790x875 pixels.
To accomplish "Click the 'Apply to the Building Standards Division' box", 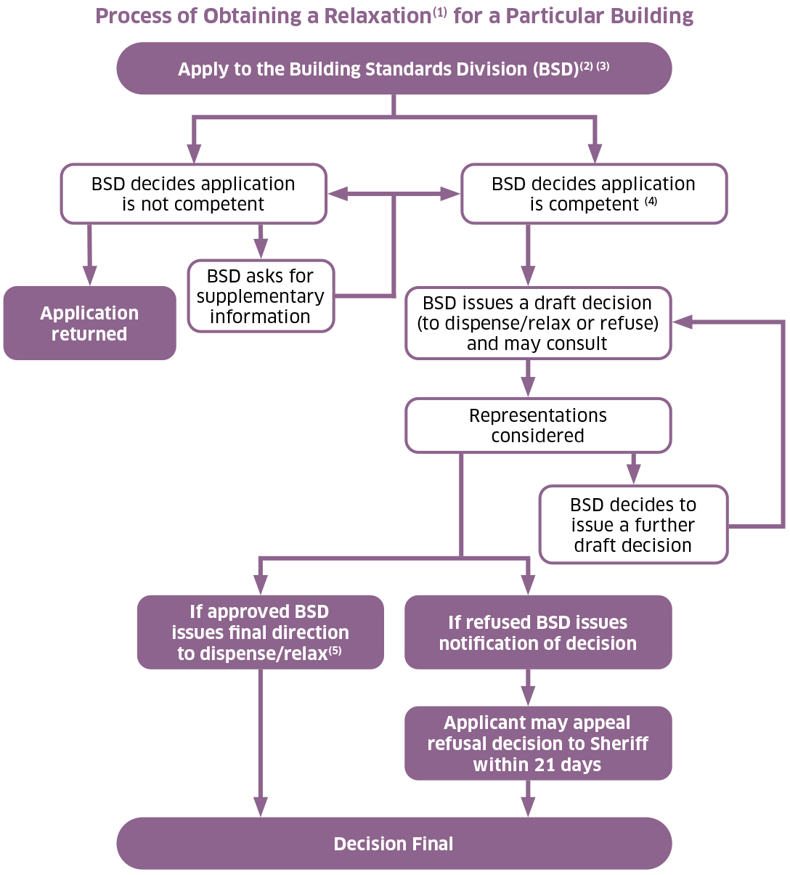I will pos(394,69).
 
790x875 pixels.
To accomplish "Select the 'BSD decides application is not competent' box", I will pos(193,194).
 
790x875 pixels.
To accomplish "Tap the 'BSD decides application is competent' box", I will pos(593,194).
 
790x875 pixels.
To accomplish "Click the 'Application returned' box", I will pos(89,323).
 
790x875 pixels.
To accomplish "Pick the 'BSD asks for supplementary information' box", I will pos(260,296).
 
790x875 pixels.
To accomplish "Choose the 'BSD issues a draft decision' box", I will pos(537,323).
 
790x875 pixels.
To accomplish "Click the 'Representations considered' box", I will pos(537,426).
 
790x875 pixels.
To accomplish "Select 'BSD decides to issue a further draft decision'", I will pos(632,525).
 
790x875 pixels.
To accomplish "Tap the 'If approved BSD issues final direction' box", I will pos(260,632).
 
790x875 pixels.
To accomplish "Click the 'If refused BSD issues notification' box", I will pos(537,632).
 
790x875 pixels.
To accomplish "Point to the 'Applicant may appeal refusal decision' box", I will pos(537,744).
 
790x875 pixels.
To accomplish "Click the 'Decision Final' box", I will pos(394,844).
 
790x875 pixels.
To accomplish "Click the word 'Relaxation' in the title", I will pos(378,16).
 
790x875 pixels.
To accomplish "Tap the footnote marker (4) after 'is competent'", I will pos(651,201).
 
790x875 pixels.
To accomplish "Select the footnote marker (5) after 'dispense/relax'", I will pos(335,651).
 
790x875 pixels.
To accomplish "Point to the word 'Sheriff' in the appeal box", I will pos(619,744).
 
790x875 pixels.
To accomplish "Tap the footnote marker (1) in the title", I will pos(439,12).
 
